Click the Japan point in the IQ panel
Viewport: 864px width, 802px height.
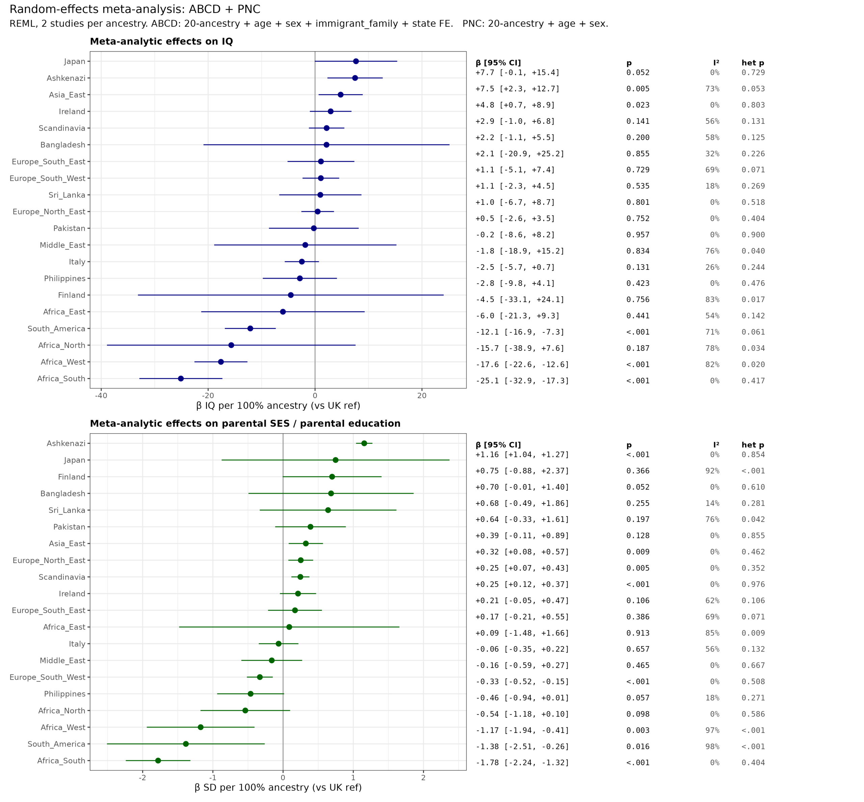pyautogui.click(x=356, y=61)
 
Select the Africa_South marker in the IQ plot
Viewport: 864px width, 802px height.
pyautogui.click(x=181, y=379)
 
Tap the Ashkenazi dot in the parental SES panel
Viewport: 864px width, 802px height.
pyautogui.click(x=364, y=443)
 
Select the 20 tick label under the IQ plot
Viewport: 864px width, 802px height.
pyautogui.click(x=422, y=396)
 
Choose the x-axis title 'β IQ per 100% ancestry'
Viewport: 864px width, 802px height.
pyautogui.click(x=278, y=406)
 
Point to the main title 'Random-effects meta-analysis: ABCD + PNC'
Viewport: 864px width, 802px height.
pyautogui.click(x=135, y=9)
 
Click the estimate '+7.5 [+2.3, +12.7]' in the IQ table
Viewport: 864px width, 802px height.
pyautogui.click(x=517, y=89)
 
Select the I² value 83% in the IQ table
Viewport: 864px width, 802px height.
pyautogui.click(x=712, y=300)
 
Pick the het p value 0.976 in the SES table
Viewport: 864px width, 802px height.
pyautogui.click(x=753, y=584)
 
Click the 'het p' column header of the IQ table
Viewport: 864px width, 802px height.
pyautogui.click(x=752, y=63)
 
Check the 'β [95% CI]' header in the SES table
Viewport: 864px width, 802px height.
pyautogui.click(x=498, y=445)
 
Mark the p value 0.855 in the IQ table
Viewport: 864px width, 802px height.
pyautogui.click(x=638, y=154)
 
